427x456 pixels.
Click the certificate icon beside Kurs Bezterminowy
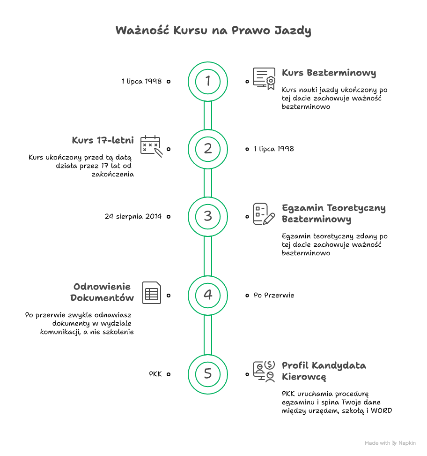pos(264,78)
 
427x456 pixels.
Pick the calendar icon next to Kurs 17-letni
pos(151,146)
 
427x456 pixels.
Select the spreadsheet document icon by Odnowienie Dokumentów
pos(152,293)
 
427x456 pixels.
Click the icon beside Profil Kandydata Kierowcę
pos(264,372)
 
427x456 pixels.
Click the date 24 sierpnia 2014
pos(133,216)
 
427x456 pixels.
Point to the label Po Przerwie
pos(274,295)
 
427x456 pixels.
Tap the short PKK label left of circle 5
pos(155,374)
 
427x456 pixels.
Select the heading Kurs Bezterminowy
pos(329,73)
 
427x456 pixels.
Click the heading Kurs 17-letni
pos(103,140)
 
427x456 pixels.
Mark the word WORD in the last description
pos(382,410)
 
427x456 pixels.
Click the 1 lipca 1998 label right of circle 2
pos(274,149)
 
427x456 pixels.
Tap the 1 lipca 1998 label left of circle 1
pos(141,81)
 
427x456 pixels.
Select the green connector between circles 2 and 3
pos(207,183)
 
